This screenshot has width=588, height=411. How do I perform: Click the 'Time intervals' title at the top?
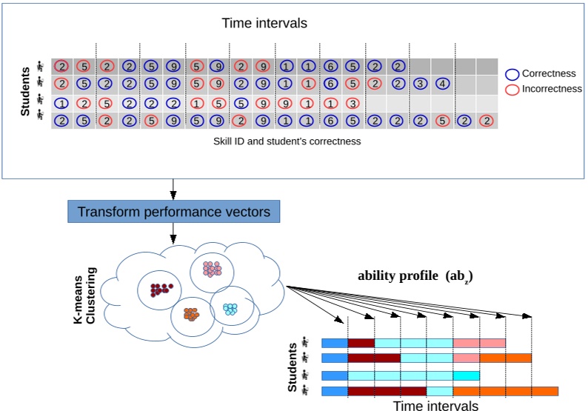(264, 23)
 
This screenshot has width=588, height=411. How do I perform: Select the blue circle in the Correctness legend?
(512, 74)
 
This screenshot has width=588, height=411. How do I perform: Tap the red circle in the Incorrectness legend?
(512, 89)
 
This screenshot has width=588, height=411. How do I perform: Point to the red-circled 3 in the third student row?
(353, 103)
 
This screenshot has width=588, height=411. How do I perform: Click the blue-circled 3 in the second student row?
(420, 84)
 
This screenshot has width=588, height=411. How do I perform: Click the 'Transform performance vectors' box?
(173, 211)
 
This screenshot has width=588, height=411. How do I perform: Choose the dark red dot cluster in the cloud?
(160, 289)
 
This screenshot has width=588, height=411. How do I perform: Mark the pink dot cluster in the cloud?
(213, 269)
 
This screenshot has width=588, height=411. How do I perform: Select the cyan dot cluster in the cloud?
(231, 307)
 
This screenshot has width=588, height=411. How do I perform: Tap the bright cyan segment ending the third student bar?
(466, 375)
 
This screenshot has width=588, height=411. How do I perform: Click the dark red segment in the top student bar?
(361, 343)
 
